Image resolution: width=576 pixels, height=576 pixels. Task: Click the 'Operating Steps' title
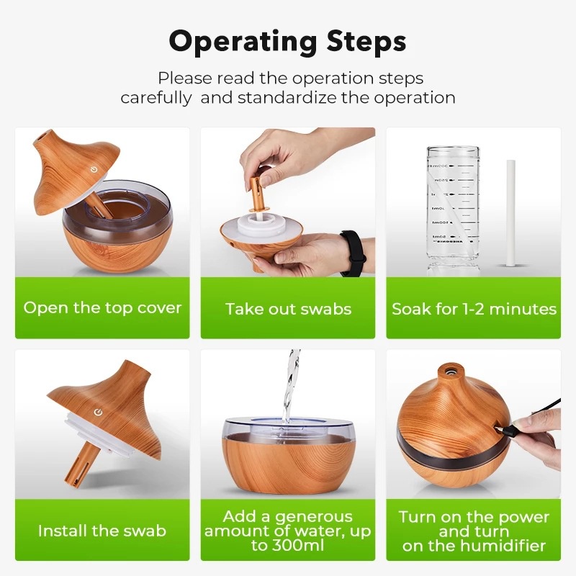click(x=287, y=42)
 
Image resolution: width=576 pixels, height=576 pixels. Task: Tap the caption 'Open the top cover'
click(x=102, y=308)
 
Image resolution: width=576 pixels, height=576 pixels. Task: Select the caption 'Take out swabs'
click(x=288, y=310)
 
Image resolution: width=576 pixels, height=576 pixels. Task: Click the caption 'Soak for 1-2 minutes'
click(x=474, y=310)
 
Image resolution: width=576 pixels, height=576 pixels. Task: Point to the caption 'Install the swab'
click(x=102, y=531)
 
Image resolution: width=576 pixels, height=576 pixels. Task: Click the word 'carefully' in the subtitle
click(x=156, y=98)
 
